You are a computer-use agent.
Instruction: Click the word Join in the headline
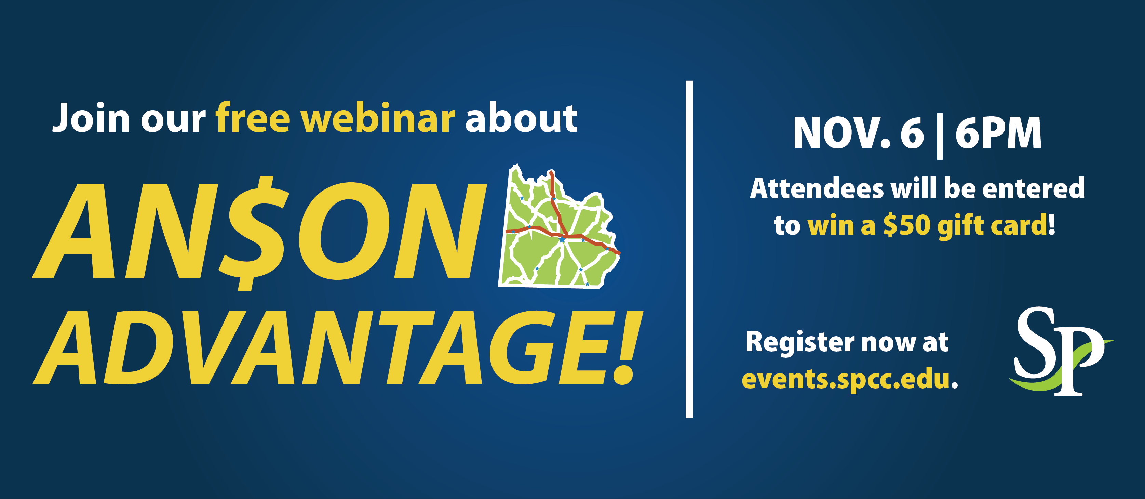pos(91,118)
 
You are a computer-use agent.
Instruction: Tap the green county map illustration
pos(559,227)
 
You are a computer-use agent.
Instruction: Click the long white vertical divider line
pos(689,249)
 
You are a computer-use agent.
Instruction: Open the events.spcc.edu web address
pos(850,379)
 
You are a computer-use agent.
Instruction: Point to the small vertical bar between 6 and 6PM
pos(940,136)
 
